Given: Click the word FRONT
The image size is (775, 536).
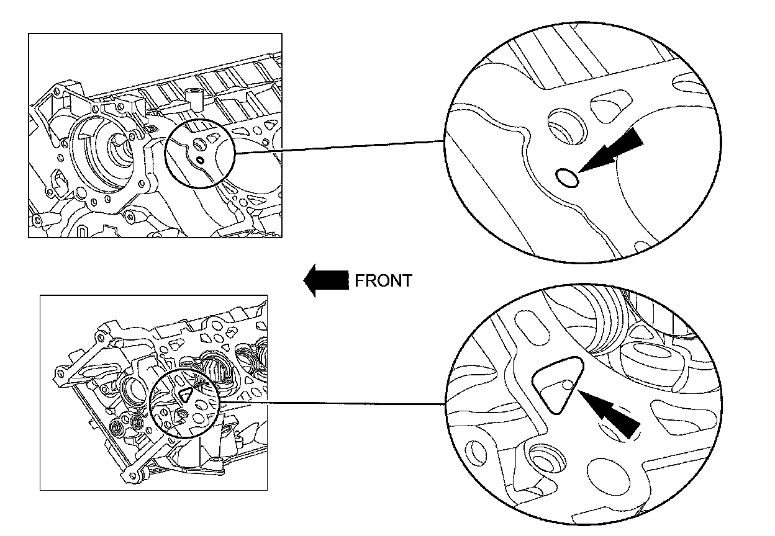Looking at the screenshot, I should pyautogui.click(x=383, y=280).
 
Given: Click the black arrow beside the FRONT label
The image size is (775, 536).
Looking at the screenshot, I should pyautogui.click(x=325, y=280).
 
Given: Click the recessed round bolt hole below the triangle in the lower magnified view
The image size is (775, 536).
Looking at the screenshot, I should pyautogui.click(x=546, y=460).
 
